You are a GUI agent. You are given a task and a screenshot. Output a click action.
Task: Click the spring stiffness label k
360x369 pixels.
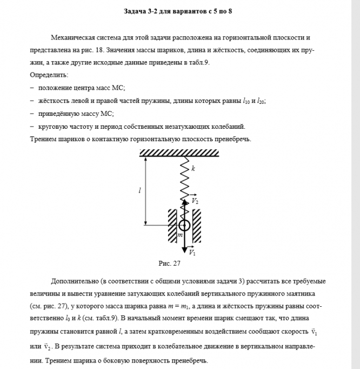193,169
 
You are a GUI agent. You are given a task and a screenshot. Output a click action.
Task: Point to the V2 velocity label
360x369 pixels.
196,201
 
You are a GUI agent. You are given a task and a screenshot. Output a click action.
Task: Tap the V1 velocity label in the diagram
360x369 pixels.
192,252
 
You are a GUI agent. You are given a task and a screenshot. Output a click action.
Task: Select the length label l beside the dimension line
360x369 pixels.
140,190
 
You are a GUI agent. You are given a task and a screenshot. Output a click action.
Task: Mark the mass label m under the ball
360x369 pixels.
181,235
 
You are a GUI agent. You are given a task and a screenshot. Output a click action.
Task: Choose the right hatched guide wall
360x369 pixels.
197,225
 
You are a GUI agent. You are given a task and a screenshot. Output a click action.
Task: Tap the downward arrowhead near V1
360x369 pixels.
185,249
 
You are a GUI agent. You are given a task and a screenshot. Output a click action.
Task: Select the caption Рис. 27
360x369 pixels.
169,264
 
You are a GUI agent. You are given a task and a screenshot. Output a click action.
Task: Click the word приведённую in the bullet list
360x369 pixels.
59,114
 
